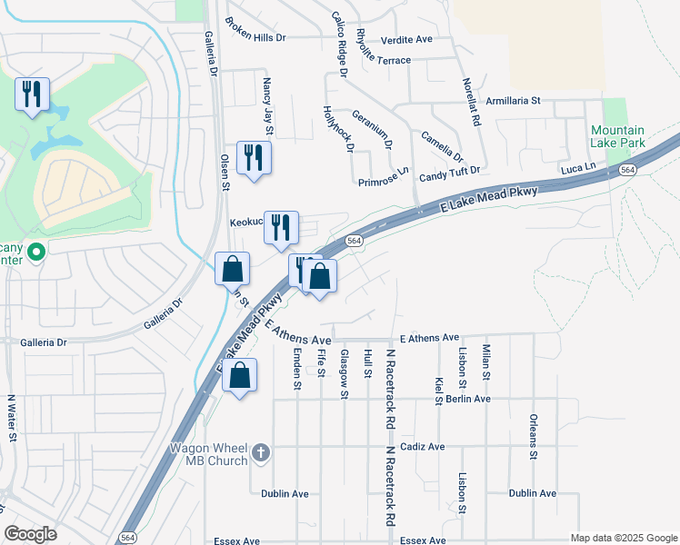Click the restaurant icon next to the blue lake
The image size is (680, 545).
point(32,94)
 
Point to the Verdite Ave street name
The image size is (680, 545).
point(406,40)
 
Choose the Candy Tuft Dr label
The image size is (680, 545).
point(449,171)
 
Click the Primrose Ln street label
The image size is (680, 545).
point(384,181)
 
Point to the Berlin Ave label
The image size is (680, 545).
point(468,399)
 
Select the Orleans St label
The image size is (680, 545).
point(534,438)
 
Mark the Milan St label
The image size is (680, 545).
point(486,362)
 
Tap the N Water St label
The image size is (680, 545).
point(12,417)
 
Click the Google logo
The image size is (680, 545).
point(30,534)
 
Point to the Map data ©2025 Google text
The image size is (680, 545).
point(623,538)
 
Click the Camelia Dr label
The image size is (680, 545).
point(442,144)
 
